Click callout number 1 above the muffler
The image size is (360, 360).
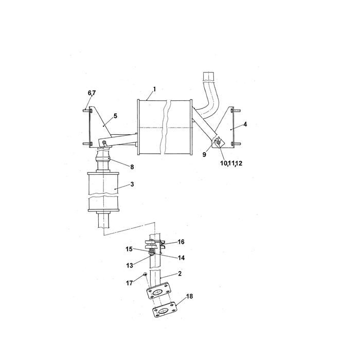154,89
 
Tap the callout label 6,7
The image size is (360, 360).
92,93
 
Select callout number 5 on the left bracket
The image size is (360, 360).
115,116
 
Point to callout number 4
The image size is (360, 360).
245,124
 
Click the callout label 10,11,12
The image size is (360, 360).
231,163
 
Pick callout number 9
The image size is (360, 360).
204,155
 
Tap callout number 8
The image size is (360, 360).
132,167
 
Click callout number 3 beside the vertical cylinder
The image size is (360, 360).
132,184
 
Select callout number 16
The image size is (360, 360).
181,242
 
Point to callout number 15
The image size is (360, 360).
129,249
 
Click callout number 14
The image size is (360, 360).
182,258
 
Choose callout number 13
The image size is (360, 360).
130,265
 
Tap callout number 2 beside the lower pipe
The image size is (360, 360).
180,274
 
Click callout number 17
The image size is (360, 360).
130,283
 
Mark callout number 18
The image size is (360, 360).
189,296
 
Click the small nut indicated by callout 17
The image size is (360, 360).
145,274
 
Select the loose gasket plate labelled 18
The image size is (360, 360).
165,310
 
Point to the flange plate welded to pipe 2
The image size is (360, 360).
158,291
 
